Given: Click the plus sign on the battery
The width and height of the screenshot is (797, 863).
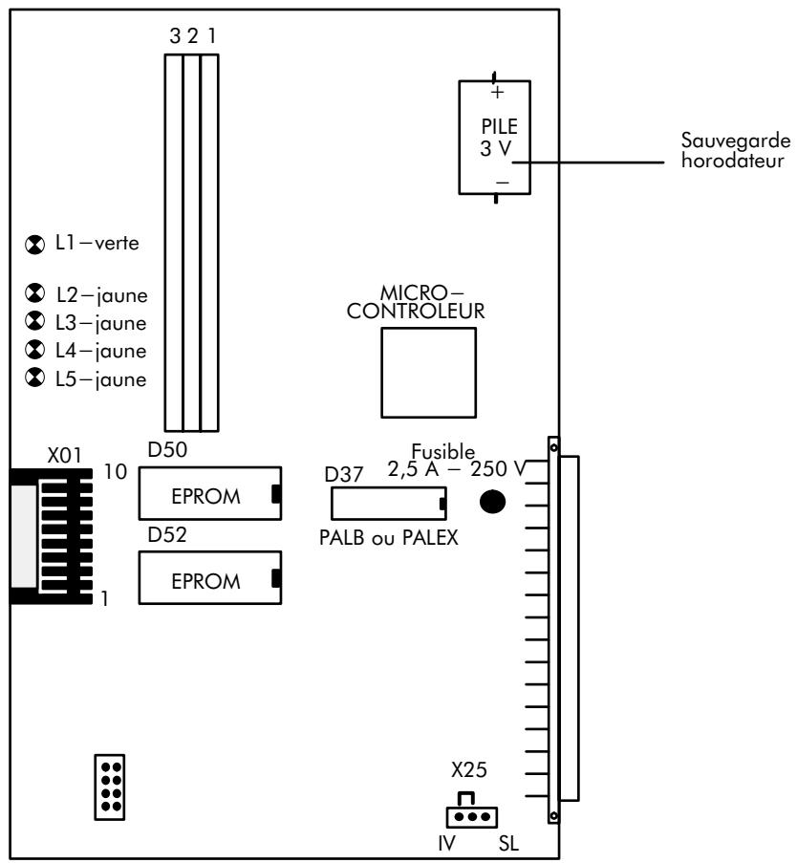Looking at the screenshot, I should coord(496,94).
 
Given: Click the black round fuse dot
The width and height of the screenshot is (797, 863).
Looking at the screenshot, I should coord(493,502).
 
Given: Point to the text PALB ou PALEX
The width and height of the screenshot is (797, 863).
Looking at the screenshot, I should coord(388,537).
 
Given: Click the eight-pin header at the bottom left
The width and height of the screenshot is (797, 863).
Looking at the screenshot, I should coord(110,786).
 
